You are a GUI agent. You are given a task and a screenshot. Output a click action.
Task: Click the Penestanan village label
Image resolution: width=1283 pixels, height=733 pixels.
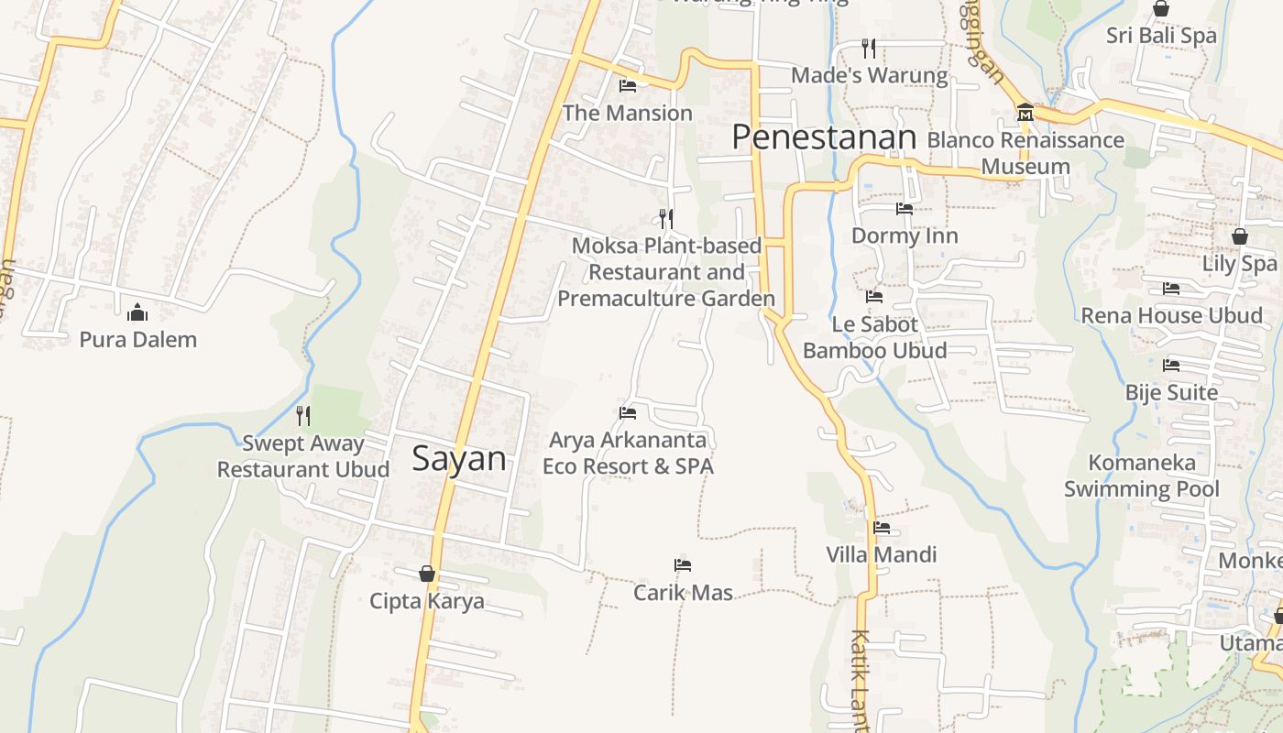tap(824, 137)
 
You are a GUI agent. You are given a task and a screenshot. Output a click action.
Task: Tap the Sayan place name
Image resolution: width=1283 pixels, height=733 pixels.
tap(458, 458)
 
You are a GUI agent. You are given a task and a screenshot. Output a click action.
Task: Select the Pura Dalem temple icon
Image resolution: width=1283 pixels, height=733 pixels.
tap(137, 312)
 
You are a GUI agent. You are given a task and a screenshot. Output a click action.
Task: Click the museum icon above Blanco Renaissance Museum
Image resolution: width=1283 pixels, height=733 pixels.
tap(1025, 113)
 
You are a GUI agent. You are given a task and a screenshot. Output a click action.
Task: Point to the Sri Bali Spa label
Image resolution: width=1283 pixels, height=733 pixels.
tap(1161, 36)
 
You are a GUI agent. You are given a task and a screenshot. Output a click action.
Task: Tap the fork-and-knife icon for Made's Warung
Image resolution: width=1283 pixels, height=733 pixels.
tap(869, 48)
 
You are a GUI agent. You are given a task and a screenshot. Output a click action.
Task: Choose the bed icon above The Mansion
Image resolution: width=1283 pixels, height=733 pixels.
tap(628, 86)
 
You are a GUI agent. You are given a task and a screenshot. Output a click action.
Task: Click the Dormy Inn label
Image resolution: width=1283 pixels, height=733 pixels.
tap(905, 235)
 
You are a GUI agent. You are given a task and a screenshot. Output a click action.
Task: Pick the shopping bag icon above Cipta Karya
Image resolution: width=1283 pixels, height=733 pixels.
tap(427, 574)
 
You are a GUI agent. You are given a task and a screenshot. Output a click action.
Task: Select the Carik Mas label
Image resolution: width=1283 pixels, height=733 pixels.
tap(683, 593)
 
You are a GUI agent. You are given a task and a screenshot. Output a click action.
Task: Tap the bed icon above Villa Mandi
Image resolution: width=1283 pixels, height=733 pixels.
tap(882, 528)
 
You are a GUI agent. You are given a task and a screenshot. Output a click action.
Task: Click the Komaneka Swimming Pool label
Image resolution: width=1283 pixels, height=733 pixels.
tap(1142, 476)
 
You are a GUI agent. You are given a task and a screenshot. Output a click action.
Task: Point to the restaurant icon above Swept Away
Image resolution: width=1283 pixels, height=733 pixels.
tap(303, 416)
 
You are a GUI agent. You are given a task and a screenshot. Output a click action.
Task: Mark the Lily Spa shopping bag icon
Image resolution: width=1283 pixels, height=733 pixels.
tap(1240, 236)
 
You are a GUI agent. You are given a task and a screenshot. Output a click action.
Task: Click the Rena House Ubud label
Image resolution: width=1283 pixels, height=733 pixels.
tap(1171, 316)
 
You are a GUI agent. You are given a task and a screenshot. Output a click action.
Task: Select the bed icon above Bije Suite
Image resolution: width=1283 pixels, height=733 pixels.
tap(1171, 366)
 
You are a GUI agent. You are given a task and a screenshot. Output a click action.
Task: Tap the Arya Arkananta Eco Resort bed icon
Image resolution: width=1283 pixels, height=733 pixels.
tap(628, 413)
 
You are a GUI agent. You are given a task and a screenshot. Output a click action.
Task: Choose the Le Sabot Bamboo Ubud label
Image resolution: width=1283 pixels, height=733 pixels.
tap(875, 337)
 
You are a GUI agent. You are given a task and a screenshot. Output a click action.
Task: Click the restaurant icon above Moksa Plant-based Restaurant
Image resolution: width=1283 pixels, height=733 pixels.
tap(666, 218)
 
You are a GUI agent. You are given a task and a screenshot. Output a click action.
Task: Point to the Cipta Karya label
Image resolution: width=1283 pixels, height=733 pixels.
tap(427, 601)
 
